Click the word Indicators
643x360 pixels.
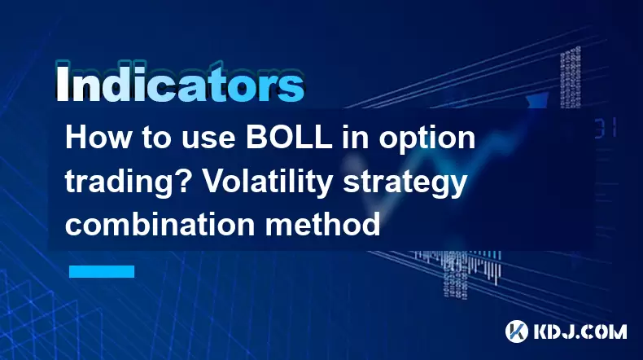(179, 83)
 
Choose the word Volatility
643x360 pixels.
(268, 183)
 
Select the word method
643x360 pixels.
(322, 224)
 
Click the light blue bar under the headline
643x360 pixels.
(102, 271)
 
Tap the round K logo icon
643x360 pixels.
(517, 331)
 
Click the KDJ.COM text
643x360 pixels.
(580, 331)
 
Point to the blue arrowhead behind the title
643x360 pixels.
(537, 100)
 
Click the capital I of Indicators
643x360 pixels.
(62, 85)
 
